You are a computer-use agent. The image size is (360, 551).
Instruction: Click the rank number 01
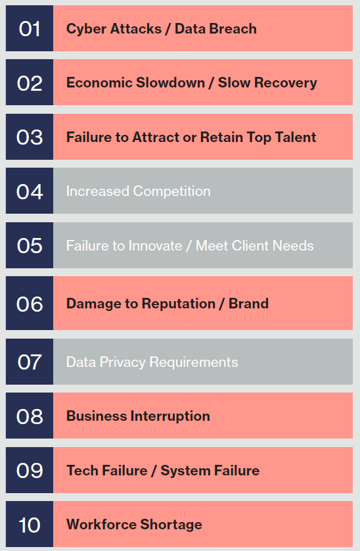(x=30, y=29)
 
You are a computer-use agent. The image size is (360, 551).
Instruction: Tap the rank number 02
(x=30, y=84)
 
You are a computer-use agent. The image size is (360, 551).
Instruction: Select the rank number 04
(x=30, y=192)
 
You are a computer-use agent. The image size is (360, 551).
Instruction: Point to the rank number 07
(x=30, y=362)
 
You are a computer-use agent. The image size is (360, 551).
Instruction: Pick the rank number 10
(x=30, y=525)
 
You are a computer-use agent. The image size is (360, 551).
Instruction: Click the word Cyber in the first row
(x=86, y=29)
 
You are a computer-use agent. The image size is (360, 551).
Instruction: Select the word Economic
(x=99, y=83)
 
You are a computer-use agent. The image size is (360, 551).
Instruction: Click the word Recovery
(x=285, y=84)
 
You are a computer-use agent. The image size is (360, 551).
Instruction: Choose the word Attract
(x=155, y=137)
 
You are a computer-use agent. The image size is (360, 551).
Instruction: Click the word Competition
(x=171, y=191)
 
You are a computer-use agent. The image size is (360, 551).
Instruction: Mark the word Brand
(x=248, y=303)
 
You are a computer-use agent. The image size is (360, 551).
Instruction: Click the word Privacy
(x=122, y=363)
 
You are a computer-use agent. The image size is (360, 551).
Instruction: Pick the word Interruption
(x=170, y=416)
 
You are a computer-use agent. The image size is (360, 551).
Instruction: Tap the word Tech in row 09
(x=82, y=470)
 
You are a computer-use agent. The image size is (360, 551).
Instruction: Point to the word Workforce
(x=101, y=524)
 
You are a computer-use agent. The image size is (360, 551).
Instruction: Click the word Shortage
(x=171, y=525)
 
